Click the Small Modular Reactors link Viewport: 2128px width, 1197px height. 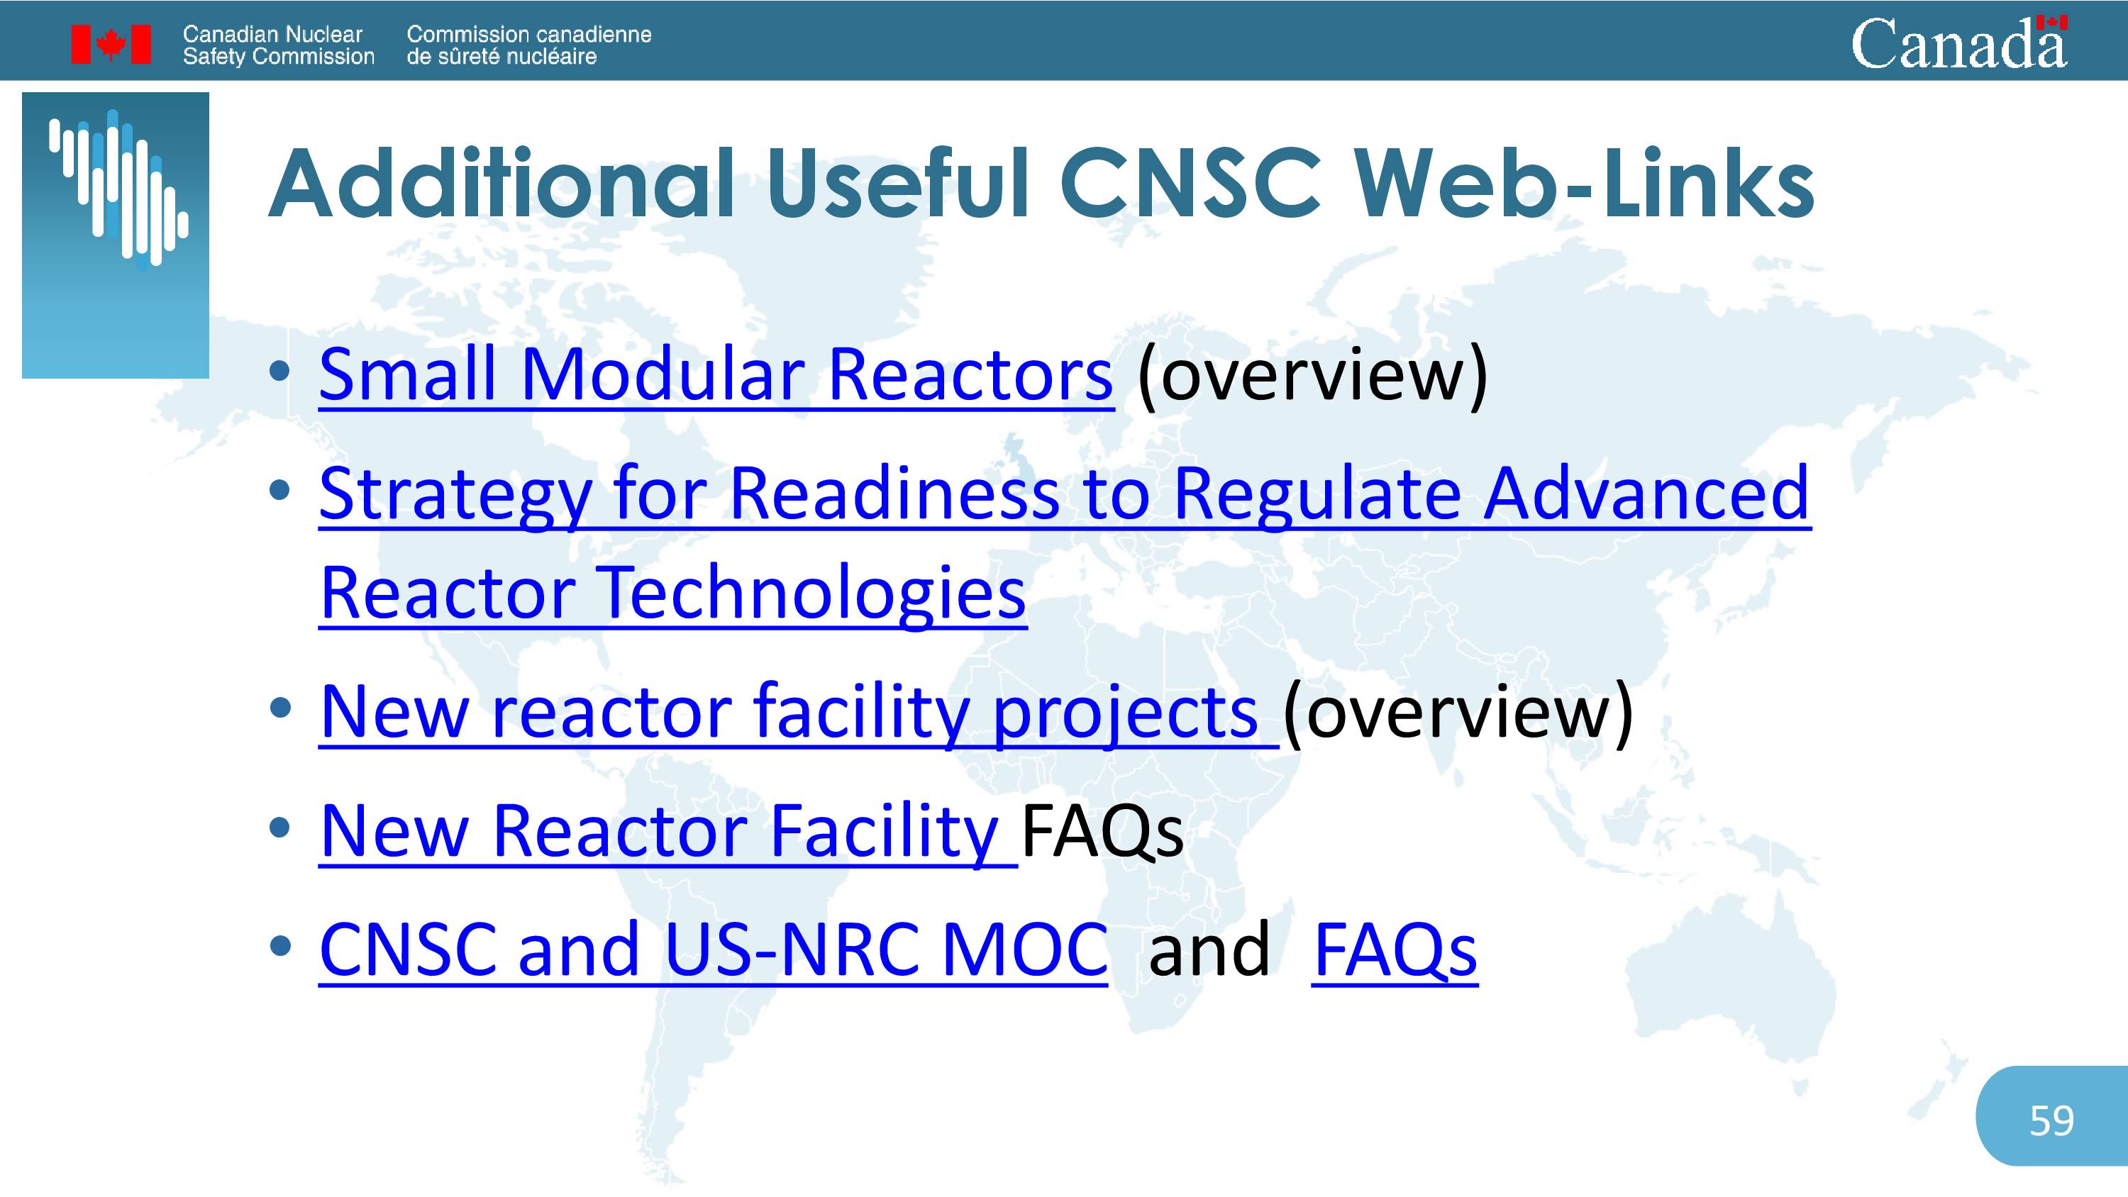716,375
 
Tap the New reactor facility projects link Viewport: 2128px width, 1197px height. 799,712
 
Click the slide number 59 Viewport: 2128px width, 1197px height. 2051,1121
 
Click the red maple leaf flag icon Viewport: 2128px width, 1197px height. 111,44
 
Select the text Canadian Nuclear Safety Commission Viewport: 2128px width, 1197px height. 278,45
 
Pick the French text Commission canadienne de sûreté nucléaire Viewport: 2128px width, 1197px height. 528,45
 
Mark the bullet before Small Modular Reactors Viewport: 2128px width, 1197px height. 280,371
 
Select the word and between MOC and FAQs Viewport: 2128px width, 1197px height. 1209,950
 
